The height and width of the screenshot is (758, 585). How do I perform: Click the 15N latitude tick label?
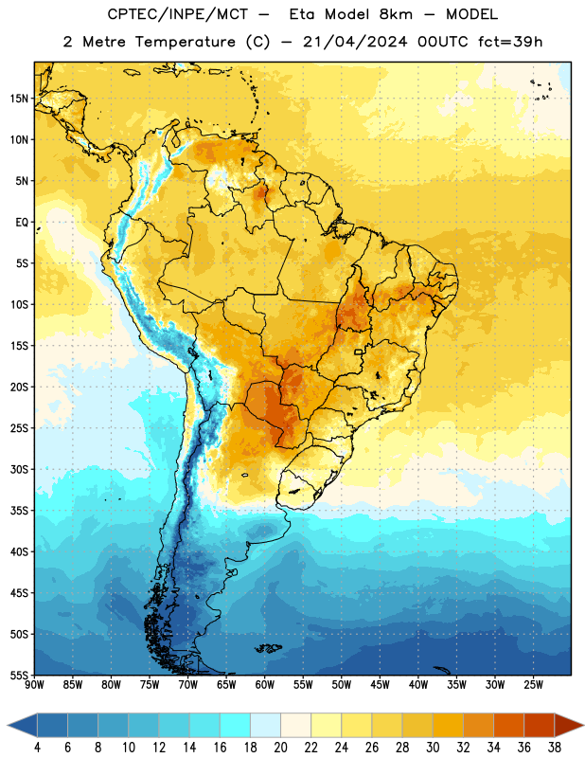(19, 99)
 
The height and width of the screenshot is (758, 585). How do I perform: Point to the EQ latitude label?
(22, 223)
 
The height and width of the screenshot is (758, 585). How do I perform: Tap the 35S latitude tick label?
(19, 511)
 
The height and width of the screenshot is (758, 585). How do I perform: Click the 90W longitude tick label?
(34, 685)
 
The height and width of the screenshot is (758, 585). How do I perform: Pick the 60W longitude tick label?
(265, 685)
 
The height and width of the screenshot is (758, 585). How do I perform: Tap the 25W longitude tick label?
(533, 685)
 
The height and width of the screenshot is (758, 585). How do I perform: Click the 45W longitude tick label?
(380, 685)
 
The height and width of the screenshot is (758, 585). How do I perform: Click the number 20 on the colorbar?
(280, 748)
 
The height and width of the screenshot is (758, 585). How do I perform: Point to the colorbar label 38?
(554, 748)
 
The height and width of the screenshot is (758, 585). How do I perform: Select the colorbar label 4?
(37, 748)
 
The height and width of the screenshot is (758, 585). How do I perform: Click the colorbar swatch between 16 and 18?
(236, 725)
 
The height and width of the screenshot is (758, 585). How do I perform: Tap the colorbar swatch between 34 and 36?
(508, 725)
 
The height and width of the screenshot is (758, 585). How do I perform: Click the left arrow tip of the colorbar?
(8, 725)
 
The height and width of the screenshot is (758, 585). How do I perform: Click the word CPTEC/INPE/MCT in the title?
(177, 14)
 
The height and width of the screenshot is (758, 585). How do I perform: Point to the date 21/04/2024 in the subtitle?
(355, 42)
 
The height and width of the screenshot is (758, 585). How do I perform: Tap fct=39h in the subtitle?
(510, 42)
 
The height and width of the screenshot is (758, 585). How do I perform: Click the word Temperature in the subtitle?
(185, 43)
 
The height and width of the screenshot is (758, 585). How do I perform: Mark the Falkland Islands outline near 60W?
(268, 648)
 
